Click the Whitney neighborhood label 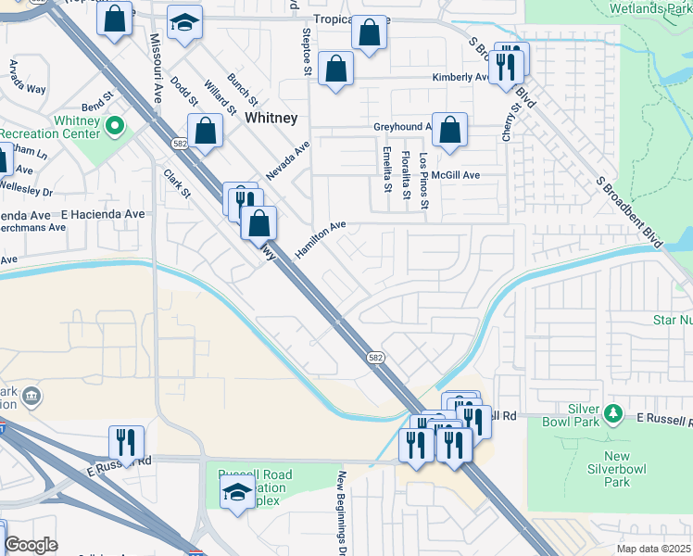[271, 119]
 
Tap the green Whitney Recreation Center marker [115, 124]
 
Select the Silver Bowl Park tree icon [611, 412]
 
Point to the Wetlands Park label [649, 8]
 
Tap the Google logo [31, 544]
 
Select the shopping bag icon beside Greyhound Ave [449, 132]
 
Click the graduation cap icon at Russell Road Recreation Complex [237, 491]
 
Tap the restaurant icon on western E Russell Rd [126, 443]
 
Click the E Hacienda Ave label [103, 214]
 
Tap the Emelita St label [387, 171]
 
